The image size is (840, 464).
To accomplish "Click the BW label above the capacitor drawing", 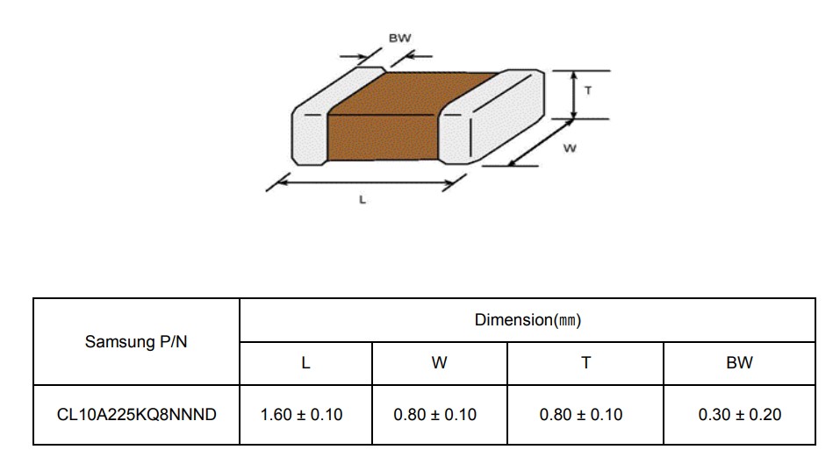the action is coord(399,38).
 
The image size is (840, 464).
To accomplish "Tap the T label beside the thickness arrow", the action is coord(588,90).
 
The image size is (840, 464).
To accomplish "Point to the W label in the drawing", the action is coord(570,148).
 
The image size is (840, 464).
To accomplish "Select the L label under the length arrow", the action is coord(363,200).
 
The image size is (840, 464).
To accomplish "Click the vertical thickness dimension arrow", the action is coord(574,95).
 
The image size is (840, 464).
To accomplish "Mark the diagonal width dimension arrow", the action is coord(540,143).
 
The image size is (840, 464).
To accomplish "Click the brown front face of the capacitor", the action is coord(383,137).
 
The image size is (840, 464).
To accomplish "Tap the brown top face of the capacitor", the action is coord(413,94).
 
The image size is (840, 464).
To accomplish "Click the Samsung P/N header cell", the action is coord(136,341).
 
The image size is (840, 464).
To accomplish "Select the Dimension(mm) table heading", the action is coord(528,320).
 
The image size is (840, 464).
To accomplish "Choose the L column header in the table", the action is coord(305,363).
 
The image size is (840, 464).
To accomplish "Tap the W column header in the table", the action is coord(439,363).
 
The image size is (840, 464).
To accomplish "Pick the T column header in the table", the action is coord(585,363).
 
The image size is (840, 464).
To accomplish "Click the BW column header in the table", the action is coord(739,363).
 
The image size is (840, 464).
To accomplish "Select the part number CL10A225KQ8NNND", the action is coord(137,414).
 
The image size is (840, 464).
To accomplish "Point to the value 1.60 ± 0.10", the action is coord(301,414).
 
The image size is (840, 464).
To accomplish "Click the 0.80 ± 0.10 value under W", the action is coord(435,414).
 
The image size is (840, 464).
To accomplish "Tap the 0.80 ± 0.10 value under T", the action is coord(581,414).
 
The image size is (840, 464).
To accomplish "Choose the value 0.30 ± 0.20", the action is coord(739,414).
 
